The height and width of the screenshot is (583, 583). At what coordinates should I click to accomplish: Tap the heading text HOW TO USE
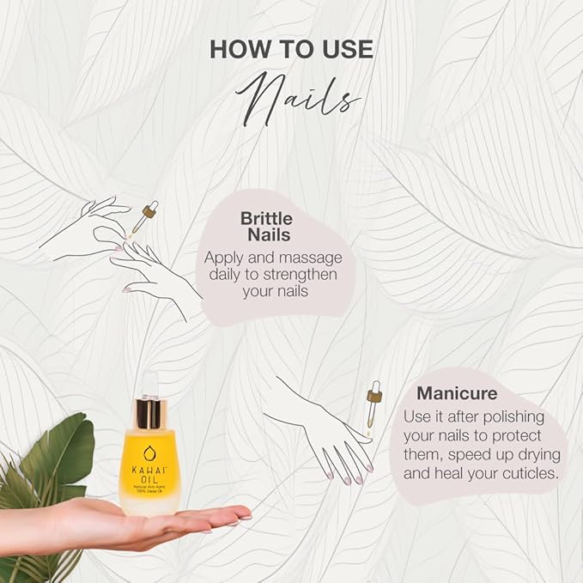292,49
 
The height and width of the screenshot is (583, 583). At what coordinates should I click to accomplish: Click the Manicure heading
457,394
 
